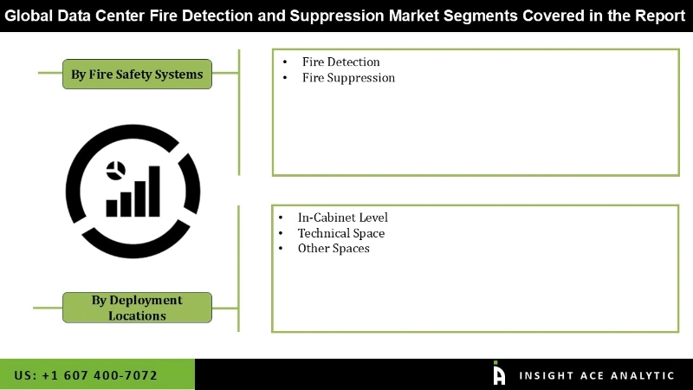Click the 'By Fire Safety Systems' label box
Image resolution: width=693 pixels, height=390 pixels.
point(137,75)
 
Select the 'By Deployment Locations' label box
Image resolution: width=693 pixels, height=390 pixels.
point(137,308)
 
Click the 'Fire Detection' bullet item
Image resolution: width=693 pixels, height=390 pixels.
point(340,62)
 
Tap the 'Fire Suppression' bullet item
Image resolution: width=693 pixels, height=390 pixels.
point(348,78)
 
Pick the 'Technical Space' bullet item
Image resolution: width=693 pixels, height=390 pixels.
point(341,233)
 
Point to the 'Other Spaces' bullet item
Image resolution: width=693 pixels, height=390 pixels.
point(334,249)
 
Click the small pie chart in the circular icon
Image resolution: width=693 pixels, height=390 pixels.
point(114,168)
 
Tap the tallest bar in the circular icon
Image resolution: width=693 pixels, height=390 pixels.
point(153,190)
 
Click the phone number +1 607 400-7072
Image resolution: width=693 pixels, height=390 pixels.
point(100,375)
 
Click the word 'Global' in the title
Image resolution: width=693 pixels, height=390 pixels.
point(32,16)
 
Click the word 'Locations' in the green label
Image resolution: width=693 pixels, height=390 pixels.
point(137,315)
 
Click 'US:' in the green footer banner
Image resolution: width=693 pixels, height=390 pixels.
point(27,375)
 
